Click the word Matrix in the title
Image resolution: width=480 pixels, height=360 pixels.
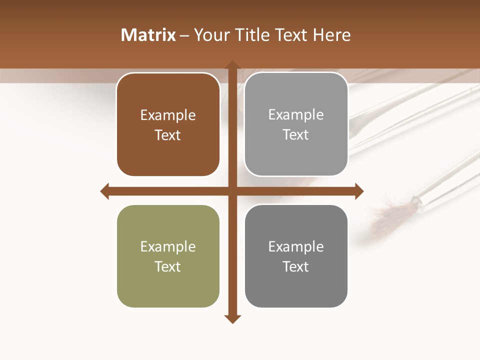tap(148, 35)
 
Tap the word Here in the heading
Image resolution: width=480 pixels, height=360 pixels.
tap(331, 35)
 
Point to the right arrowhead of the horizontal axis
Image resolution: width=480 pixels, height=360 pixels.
tap(359, 191)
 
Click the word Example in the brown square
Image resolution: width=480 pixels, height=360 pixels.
tap(168, 115)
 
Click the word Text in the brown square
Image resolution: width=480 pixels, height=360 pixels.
tap(168, 135)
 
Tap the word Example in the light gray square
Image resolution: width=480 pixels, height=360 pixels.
tap(296, 115)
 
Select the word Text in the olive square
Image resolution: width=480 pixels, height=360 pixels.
tap(168, 266)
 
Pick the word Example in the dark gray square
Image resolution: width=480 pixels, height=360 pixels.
tap(296, 246)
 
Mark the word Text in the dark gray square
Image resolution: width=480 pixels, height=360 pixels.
tap(296, 266)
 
